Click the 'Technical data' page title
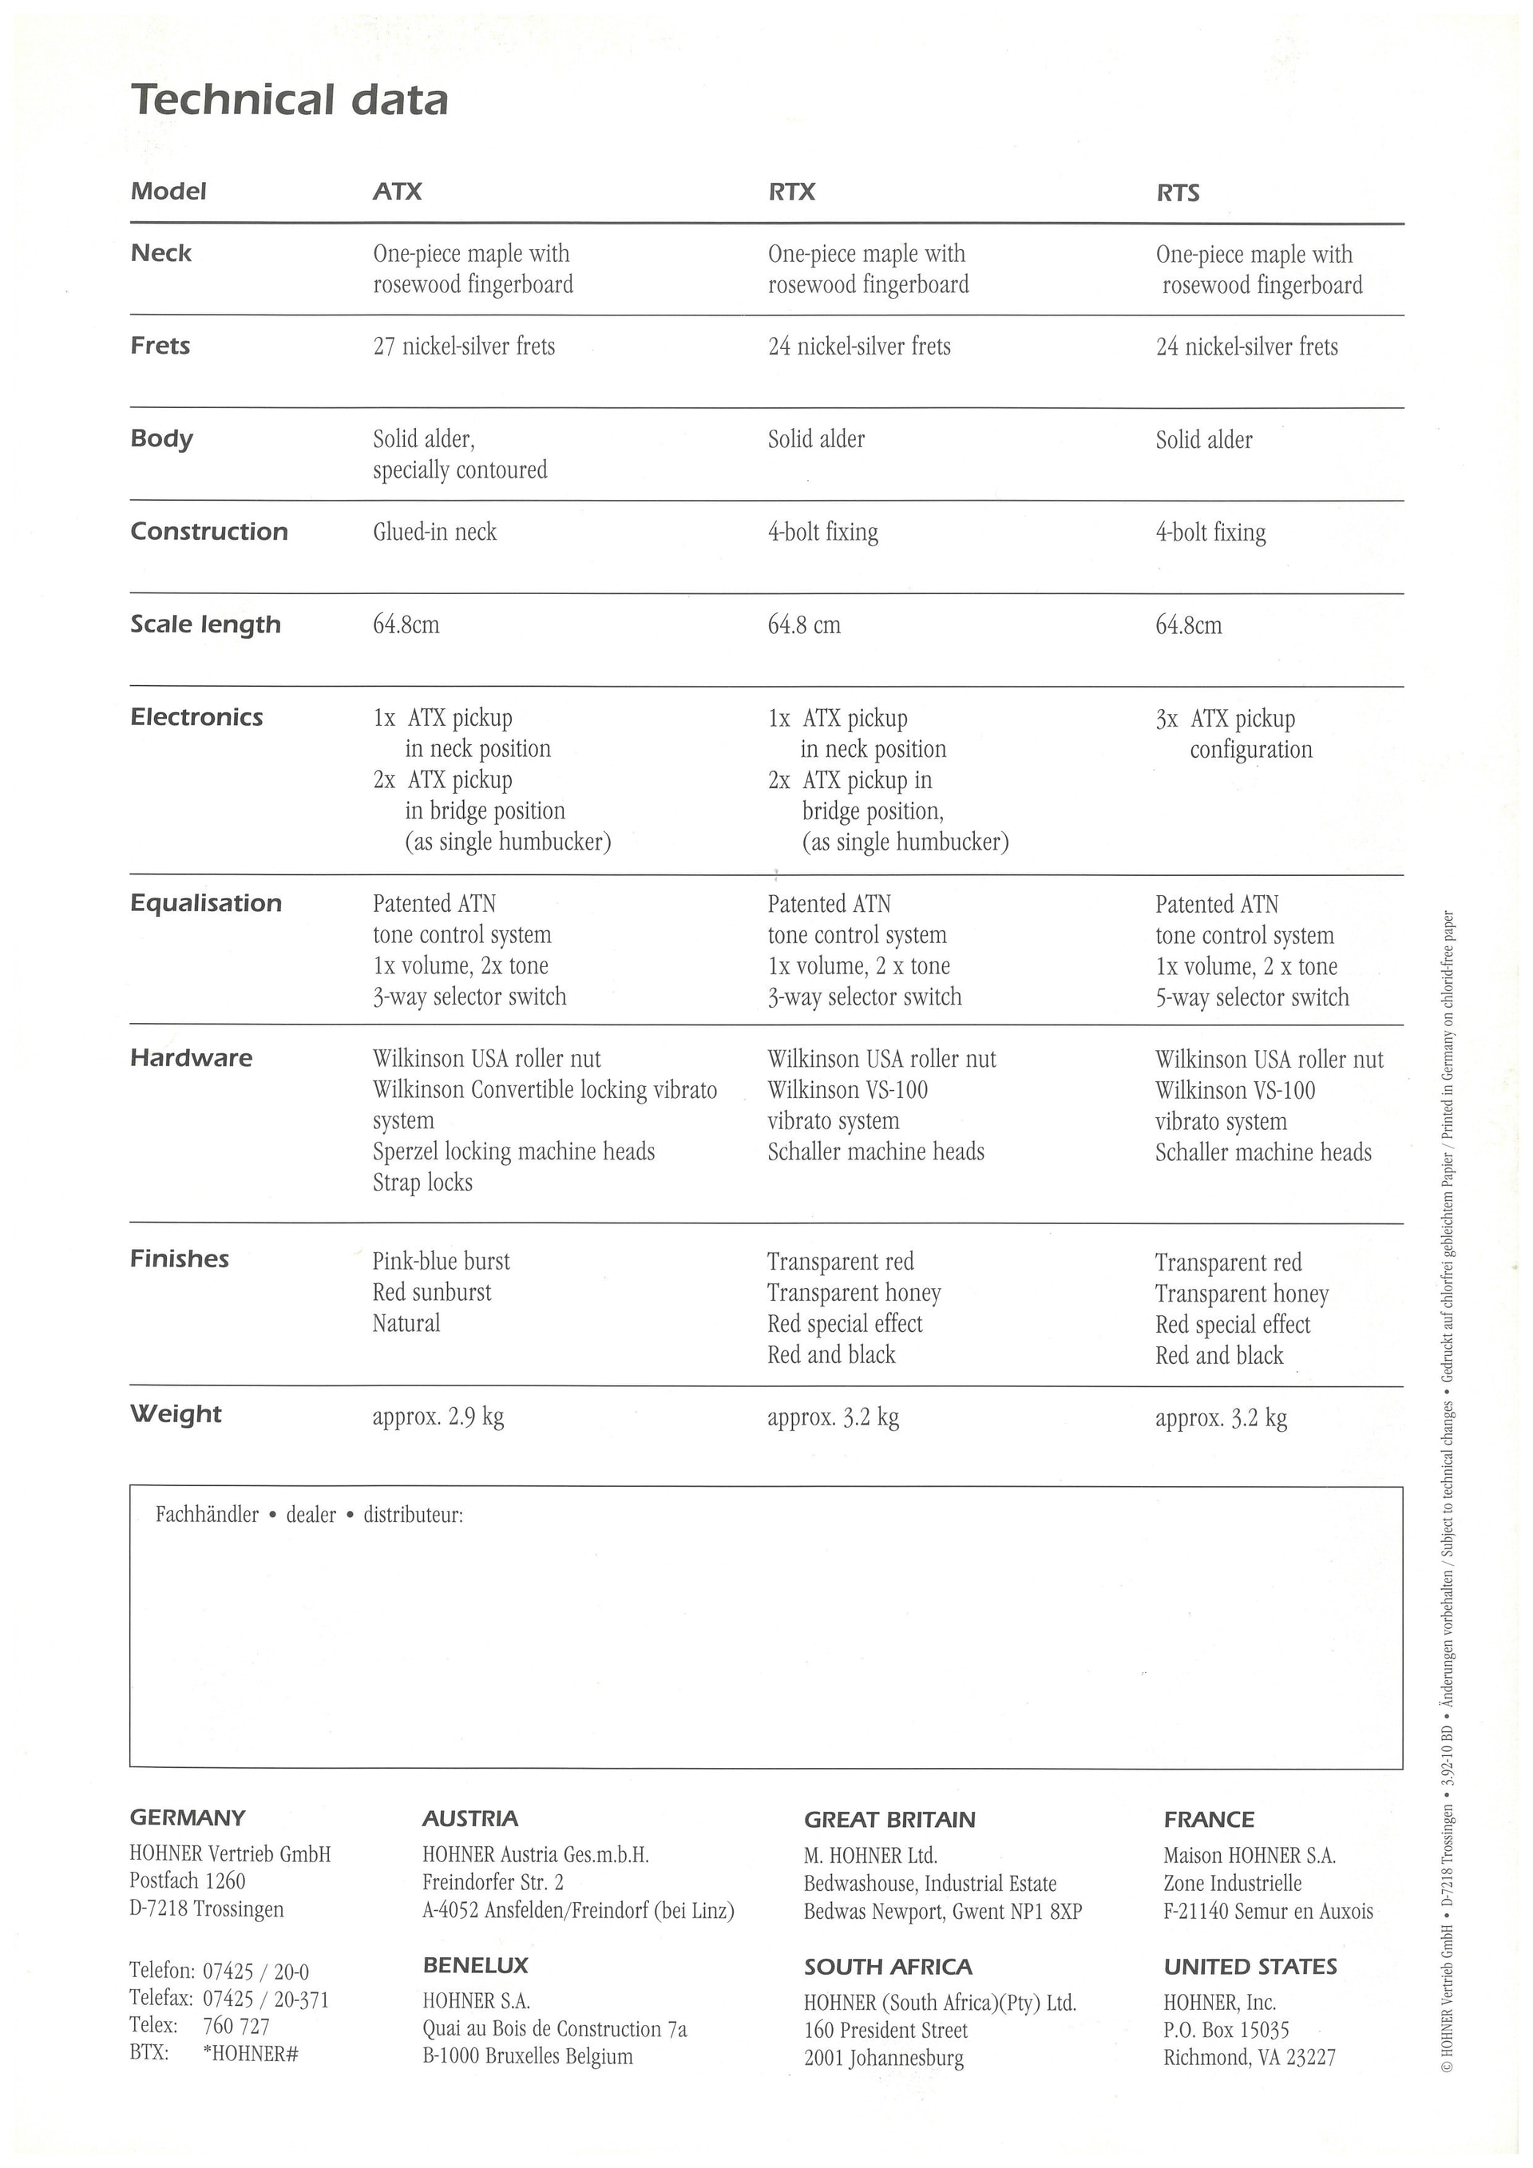[x=289, y=100]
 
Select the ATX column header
[x=398, y=192]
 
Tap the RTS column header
[x=1177, y=192]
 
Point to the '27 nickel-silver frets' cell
[x=463, y=347]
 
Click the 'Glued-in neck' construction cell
[x=434, y=532]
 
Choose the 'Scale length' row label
[x=205, y=624]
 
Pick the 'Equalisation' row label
[x=206, y=902]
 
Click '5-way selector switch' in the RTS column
[x=1252, y=997]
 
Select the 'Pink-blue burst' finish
[x=441, y=1261]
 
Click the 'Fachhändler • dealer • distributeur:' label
[x=310, y=1515]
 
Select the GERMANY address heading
[x=187, y=1817]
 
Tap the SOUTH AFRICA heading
[x=887, y=1967]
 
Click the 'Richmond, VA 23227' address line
[x=1249, y=2056]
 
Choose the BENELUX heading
[x=475, y=1966]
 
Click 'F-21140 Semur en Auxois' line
[x=1268, y=1911]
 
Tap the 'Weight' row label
[x=176, y=1413]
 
